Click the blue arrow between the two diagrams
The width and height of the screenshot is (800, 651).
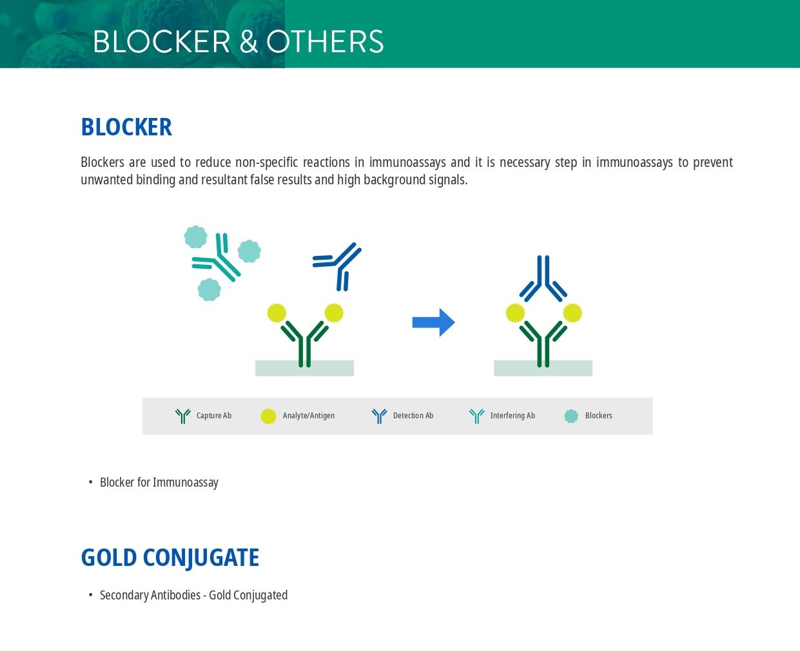(433, 322)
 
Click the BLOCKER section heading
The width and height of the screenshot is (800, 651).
(126, 127)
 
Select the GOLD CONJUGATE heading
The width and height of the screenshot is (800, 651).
(170, 558)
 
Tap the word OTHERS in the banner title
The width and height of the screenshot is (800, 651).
(326, 41)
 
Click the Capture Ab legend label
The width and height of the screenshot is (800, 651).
(214, 416)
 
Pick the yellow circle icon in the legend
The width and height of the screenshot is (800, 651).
(268, 416)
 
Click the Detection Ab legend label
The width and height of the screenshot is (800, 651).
(413, 416)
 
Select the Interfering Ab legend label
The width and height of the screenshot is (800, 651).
(512, 416)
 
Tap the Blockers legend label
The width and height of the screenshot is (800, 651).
(599, 416)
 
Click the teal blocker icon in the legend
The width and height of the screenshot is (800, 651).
(571, 416)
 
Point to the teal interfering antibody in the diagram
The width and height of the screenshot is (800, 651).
(217, 257)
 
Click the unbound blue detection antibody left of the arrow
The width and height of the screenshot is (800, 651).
(337, 266)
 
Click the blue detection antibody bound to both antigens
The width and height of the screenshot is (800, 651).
(543, 278)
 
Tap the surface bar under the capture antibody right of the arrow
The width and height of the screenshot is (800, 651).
(543, 368)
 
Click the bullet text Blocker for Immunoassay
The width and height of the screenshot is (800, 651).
(159, 482)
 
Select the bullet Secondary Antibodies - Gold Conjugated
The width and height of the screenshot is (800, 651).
(194, 596)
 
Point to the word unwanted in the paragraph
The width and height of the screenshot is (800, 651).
(106, 180)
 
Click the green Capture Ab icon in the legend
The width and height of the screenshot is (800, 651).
(183, 416)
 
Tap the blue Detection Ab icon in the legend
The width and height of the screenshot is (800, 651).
(379, 416)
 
